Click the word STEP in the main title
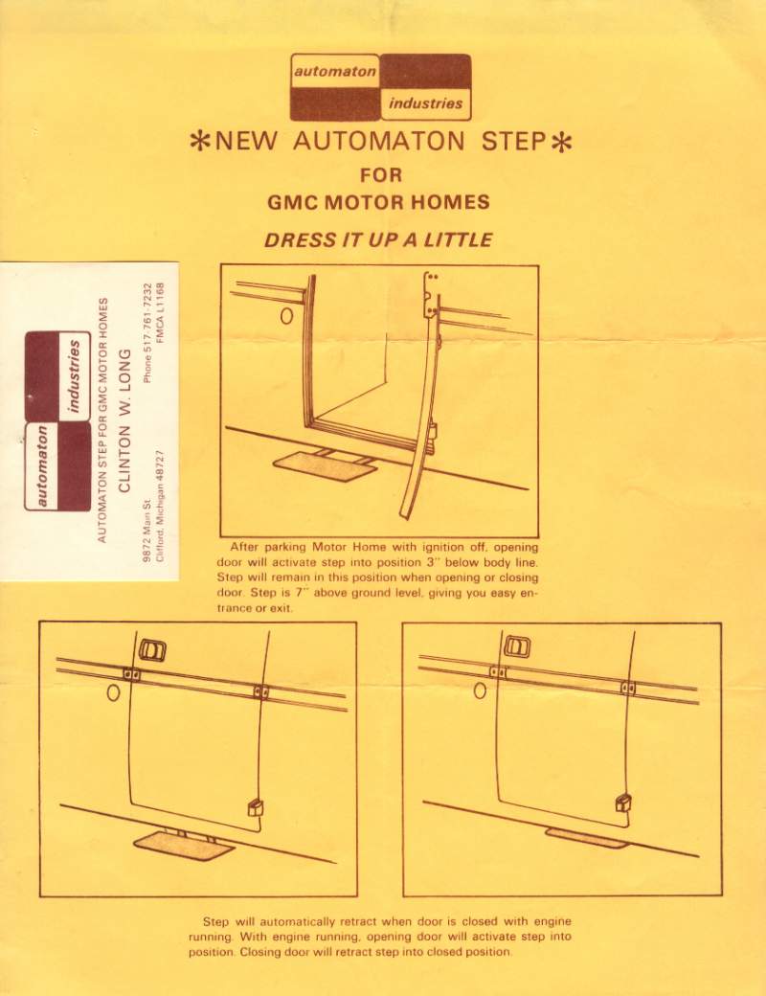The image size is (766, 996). point(513,141)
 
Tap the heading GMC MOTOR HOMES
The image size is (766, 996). point(378,202)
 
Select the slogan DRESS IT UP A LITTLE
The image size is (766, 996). point(378,240)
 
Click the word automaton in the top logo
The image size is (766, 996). point(335,71)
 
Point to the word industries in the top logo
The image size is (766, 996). point(425,102)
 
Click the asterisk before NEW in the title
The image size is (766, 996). point(201,142)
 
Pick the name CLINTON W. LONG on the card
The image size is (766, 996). point(124,420)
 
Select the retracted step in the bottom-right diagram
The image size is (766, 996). point(587,838)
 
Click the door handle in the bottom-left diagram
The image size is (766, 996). point(152,650)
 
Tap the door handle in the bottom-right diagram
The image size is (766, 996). point(517,646)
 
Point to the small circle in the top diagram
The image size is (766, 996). point(287,316)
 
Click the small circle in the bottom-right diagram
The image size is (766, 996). point(480,690)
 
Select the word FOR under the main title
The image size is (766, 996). point(381,174)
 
